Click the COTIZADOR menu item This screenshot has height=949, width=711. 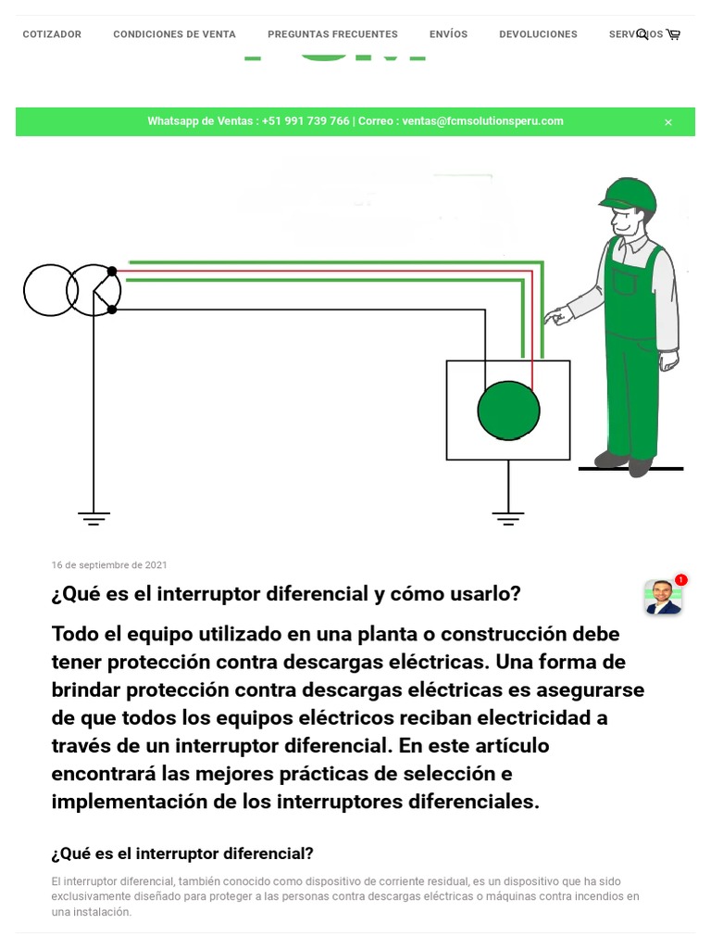[52, 34]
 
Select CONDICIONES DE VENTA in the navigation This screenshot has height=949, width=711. [174, 34]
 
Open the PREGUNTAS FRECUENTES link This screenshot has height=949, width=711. [332, 34]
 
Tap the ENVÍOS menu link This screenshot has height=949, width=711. [448, 34]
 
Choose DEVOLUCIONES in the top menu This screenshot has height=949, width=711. [538, 34]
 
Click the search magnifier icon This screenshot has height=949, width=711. [642, 34]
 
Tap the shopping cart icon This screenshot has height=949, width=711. [673, 34]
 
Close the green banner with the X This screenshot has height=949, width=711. [668, 122]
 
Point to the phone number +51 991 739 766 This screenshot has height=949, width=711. [306, 121]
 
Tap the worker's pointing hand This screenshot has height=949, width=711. [554, 316]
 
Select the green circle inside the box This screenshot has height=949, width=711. [508, 410]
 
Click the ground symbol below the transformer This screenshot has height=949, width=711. [94, 518]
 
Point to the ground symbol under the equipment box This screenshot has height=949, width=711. [507, 518]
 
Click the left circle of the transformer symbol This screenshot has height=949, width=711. [48, 290]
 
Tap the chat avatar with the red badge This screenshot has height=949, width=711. [663, 597]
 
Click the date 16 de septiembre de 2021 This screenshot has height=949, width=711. [109, 565]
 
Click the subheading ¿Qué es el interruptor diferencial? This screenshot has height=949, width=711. [182, 854]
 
